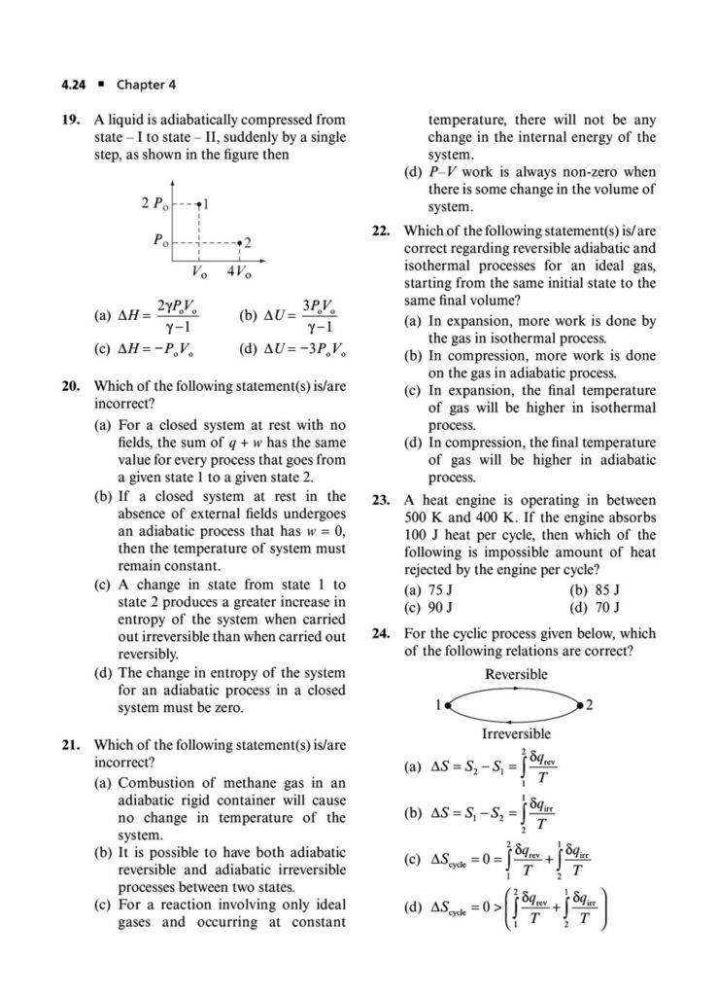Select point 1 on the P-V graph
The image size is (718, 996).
click(x=198, y=204)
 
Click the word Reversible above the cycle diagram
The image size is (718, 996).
click(x=515, y=674)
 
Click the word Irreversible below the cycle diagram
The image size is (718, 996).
click(x=516, y=733)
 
